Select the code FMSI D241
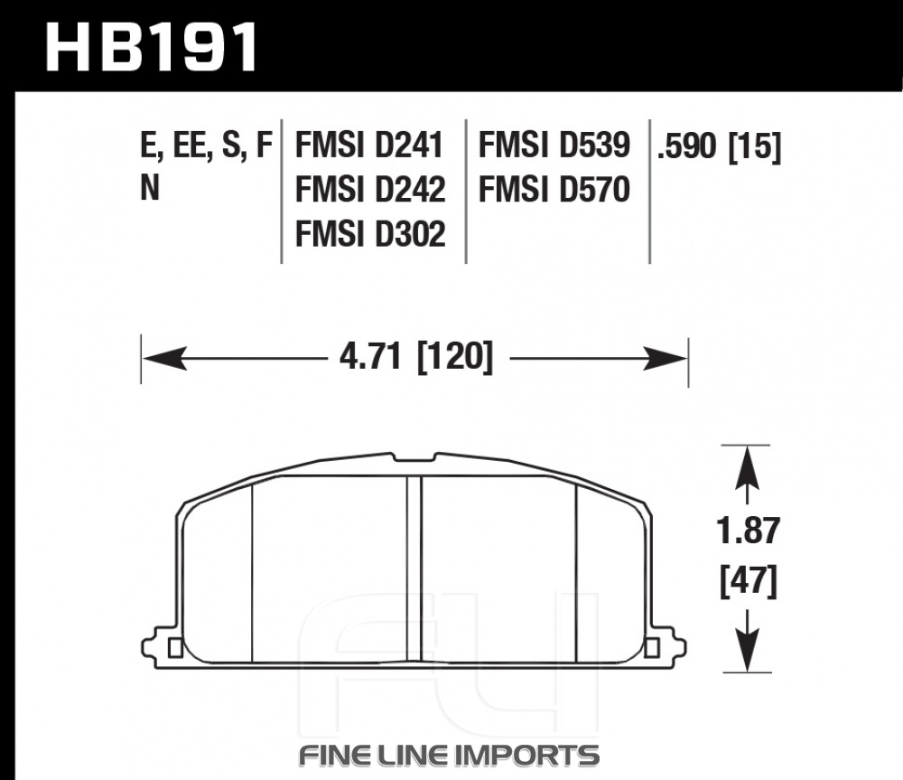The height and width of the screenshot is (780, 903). (369, 145)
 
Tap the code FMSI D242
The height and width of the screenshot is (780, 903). (370, 189)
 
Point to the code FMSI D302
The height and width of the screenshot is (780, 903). (370, 233)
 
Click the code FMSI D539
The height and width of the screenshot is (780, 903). (554, 145)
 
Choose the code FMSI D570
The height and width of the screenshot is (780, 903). (554, 189)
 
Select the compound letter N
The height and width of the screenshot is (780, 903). (150, 188)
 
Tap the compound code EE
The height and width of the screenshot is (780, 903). (189, 145)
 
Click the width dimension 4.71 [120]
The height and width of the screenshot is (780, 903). (416, 357)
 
